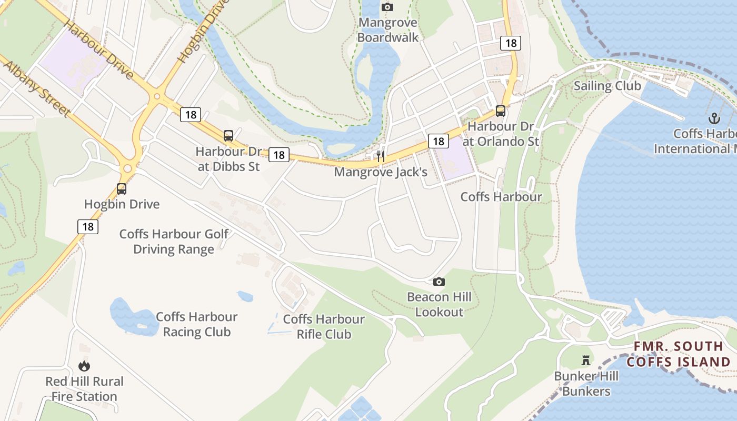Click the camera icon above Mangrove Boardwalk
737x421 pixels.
pos(387,7)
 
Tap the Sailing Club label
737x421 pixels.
pos(607,86)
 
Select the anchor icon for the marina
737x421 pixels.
pos(714,118)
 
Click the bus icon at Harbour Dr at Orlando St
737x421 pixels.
pos(500,111)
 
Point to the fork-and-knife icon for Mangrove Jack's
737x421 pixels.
pos(381,156)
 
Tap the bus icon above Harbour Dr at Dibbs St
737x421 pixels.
pos(228,136)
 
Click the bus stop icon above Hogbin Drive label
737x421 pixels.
pos(122,188)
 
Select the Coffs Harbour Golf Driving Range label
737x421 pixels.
pos(174,242)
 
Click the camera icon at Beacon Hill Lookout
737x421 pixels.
pos(439,282)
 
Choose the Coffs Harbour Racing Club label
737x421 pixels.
pos(196,324)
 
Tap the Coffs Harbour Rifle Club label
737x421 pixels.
pos(324,327)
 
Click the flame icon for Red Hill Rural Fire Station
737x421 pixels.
pos(84,366)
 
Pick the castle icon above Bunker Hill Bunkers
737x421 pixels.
pos(585,360)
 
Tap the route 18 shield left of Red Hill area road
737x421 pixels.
pos(88,226)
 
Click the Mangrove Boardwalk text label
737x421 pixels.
pos(387,30)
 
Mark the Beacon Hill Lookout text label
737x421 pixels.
pos(439,304)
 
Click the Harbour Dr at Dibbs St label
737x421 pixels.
pos(228,159)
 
